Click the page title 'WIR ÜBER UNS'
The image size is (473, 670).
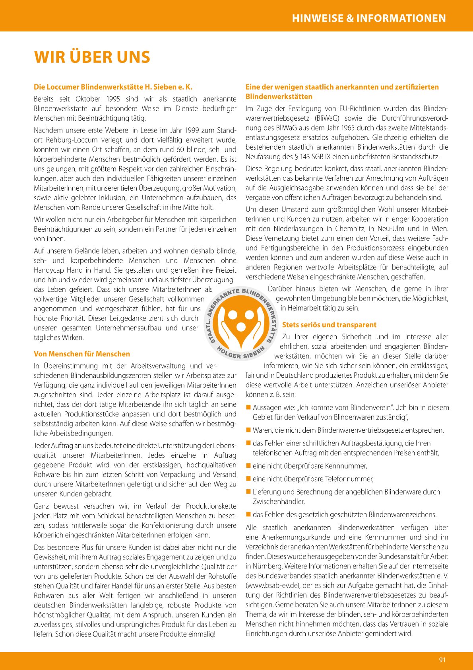tap(92, 57)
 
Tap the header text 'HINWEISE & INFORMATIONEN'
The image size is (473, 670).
tap(369, 18)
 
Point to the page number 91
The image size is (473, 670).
tap(442, 660)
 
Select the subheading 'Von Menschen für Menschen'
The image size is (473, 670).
tap(82, 354)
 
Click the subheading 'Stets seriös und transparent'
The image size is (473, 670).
tap(329, 325)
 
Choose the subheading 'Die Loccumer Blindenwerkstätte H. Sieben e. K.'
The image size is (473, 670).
tap(113, 87)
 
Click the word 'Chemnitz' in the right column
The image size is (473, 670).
tap(350, 229)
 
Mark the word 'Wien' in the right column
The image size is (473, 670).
tap(439, 229)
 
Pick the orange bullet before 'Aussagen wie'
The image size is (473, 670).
tap(248, 407)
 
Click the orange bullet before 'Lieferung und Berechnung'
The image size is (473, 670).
tap(248, 492)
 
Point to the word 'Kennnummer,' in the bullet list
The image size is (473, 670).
tap(346, 466)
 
